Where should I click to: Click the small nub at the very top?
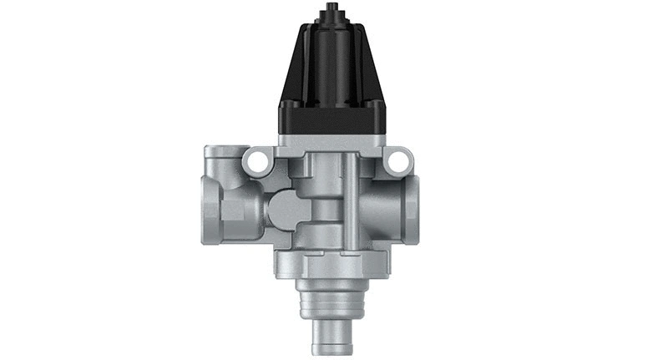pyautogui.click(x=333, y=9)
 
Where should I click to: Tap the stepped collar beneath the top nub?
pyautogui.click(x=333, y=23)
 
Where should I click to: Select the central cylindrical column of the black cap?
pyautogui.click(x=333, y=67)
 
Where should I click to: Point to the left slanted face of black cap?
pyautogui.click(x=299, y=71)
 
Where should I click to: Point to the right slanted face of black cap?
pyautogui.click(x=368, y=71)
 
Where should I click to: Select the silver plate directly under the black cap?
pyautogui.click(x=333, y=142)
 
